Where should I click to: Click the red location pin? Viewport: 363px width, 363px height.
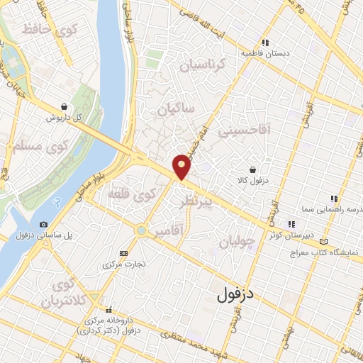tap(182, 166)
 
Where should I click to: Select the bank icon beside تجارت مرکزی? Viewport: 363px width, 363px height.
tap(125, 252)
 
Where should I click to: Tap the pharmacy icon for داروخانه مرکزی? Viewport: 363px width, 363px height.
tap(108, 310)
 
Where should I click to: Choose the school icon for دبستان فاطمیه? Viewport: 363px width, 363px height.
tap(265, 43)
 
